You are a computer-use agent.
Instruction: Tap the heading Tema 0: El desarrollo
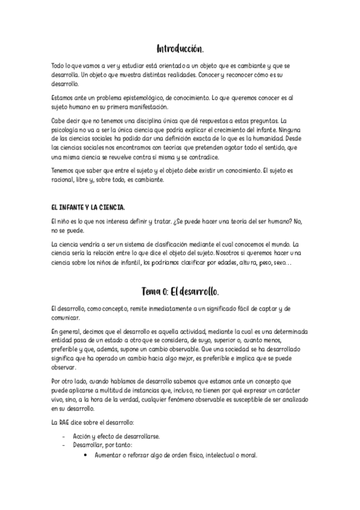[180, 291]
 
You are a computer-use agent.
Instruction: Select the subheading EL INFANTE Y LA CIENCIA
[88, 207]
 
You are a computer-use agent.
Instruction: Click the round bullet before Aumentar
[87, 455]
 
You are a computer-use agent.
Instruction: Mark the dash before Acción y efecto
[64, 436]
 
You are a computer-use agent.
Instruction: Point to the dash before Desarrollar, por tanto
[64, 445]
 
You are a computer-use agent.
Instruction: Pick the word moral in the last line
[248, 455]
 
